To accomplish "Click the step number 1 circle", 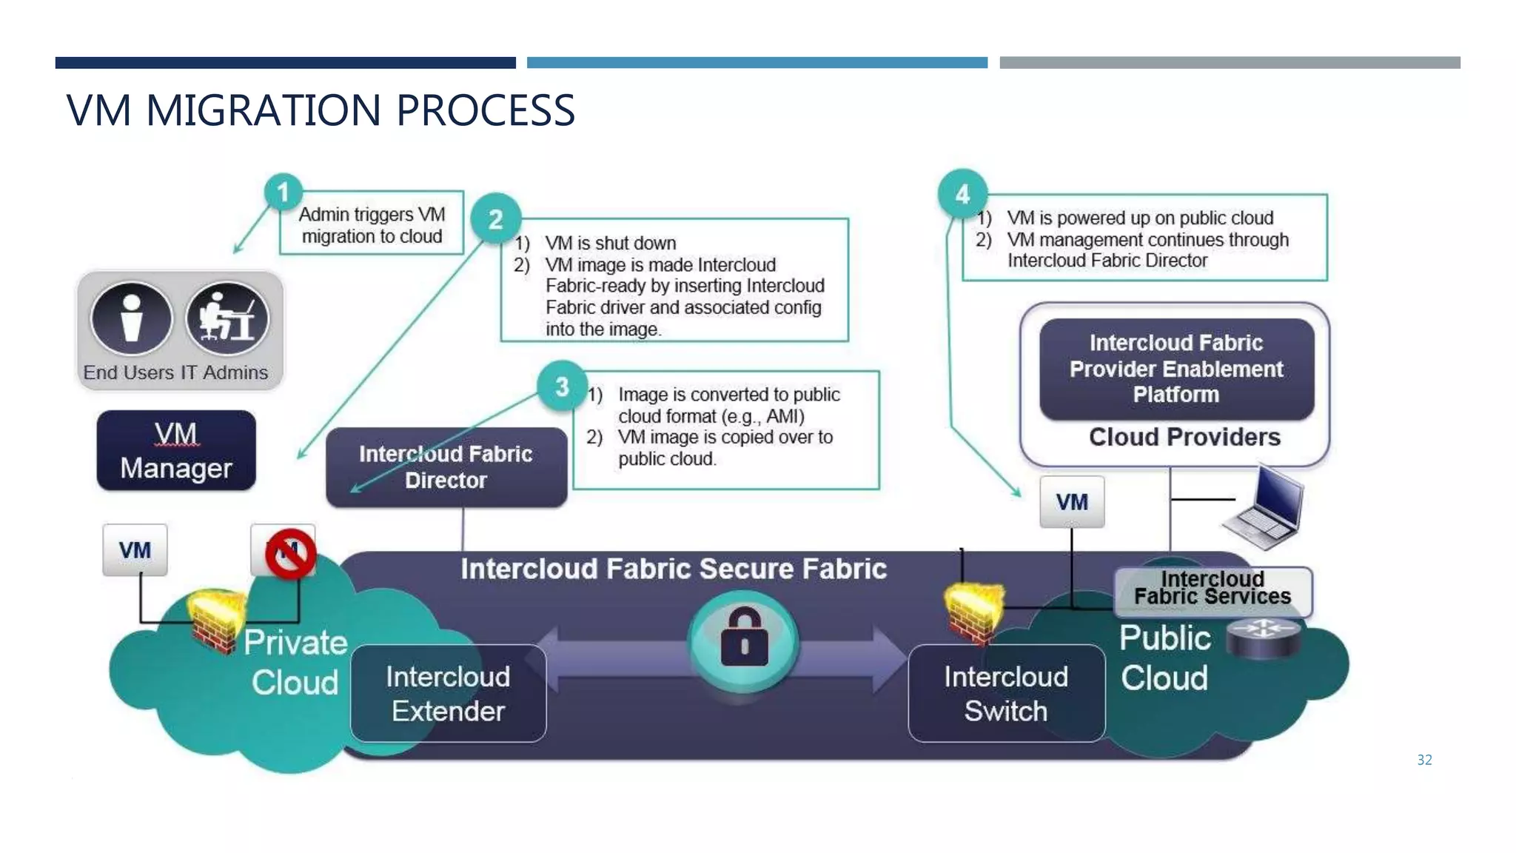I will [283, 193].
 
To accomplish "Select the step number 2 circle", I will [496, 218].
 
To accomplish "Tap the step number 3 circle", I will [562, 386].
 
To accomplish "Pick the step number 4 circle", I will [962, 194].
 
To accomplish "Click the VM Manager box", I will [176, 450].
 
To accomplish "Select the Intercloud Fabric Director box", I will [446, 467].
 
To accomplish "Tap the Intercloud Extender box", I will [449, 693].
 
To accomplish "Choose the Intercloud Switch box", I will [1006, 693].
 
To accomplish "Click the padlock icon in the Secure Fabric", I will [744, 638].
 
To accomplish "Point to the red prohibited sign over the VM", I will [290, 553].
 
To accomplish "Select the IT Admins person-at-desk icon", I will [227, 318].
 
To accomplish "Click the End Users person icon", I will [132, 318].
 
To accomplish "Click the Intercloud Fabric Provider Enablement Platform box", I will [1176, 369].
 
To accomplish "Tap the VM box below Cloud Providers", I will [1072, 502].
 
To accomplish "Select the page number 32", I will [1424, 760].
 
